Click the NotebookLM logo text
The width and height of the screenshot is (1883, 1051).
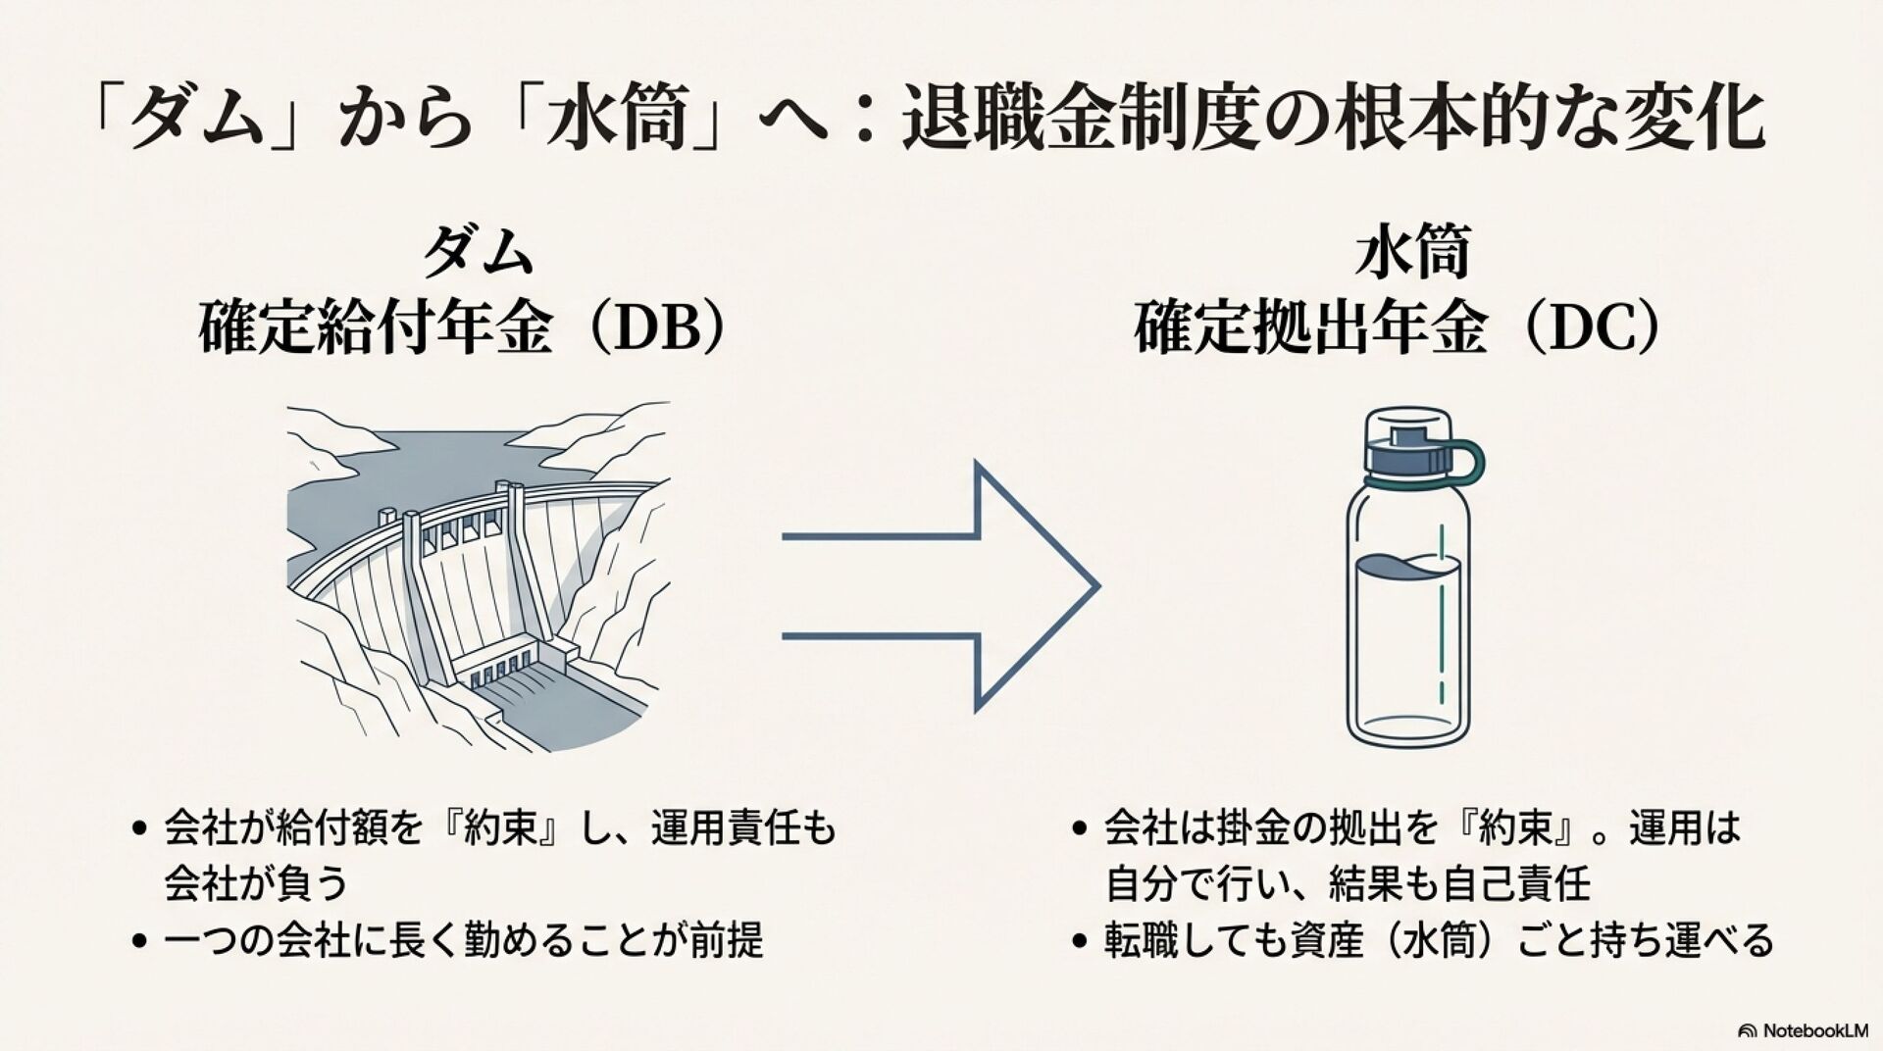point(1807,1030)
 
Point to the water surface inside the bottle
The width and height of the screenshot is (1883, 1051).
point(1408,566)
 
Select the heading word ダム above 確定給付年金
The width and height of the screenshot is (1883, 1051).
point(478,252)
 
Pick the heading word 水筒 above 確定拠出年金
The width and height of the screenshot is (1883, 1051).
point(1412,252)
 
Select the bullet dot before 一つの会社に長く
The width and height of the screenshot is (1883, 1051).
point(138,942)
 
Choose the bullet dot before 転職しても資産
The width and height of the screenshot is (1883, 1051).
point(1080,942)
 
